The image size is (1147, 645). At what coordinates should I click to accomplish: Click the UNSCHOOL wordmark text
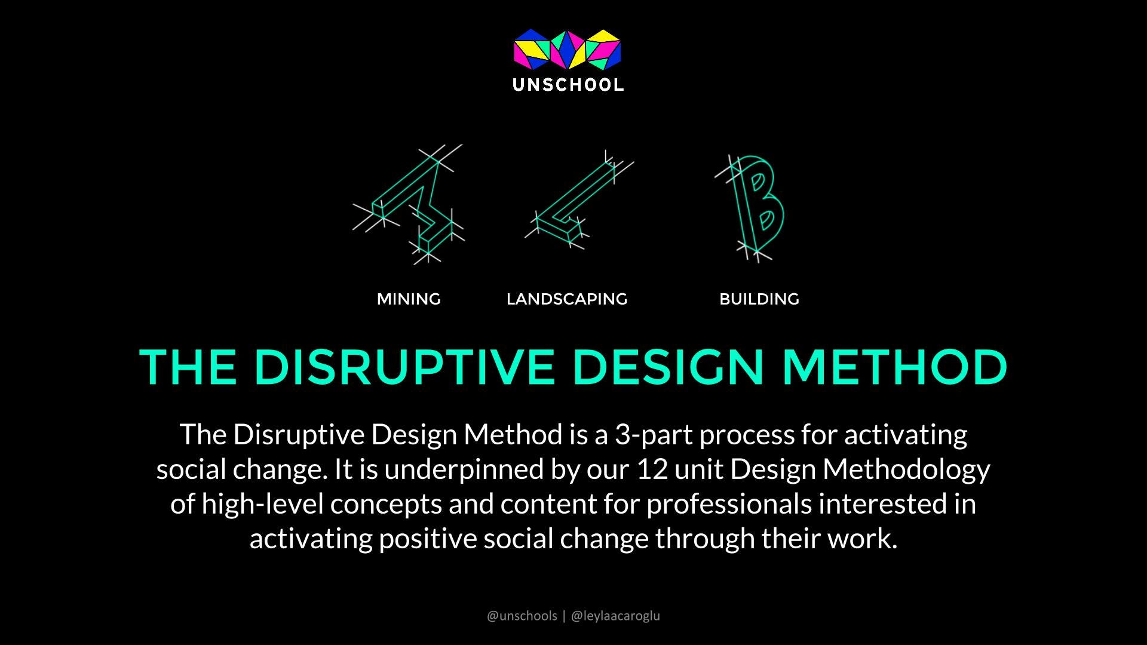pyautogui.click(x=568, y=84)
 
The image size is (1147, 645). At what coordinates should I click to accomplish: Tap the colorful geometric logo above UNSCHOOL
pyautogui.click(x=567, y=49)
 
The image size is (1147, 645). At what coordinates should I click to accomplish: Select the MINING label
pyautogui.click(x=409, y=299)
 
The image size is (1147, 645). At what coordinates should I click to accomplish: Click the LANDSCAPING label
pyautogui.click(x=567, y=299)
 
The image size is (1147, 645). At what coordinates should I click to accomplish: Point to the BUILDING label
pyautogui.click(x=759, y=299)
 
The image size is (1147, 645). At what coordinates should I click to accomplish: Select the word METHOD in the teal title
pyautogui.click(x=895, y=366)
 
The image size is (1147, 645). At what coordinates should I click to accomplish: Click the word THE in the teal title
pyautogui.click(x=188, y=366)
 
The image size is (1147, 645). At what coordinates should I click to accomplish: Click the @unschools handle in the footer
pyautogui.click(x=522, y=616)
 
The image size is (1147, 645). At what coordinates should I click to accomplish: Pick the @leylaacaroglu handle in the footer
pyautogui.click(x=615, y=616)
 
